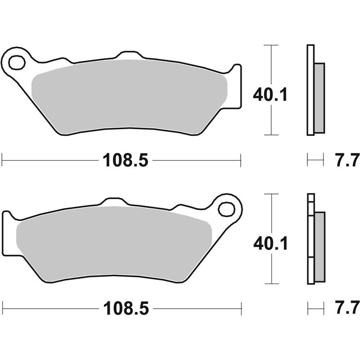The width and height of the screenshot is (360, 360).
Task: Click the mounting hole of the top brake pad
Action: pyautogui.click(x=17, y=62)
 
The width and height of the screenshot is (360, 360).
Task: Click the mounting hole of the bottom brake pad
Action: pyautogui.click(x=227, y=209)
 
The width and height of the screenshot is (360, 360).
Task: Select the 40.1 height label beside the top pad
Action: pyautogui.click(x=270, y=95)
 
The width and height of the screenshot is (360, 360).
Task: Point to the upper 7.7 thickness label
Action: pyautogui.click(x=346, y=160)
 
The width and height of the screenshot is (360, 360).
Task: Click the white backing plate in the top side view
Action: pyautogui.click(x=310, y=90)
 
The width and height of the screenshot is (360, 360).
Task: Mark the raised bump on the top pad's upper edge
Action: pyautogui.click(x=130, y=55)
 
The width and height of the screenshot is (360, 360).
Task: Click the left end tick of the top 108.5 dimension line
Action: pyautogui.click(x=3, y=160)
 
